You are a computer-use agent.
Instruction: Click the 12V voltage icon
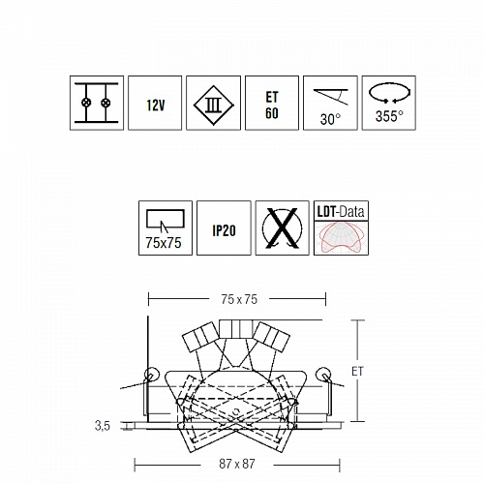tap(155, 103)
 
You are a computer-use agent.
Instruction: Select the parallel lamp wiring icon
tap(97, 103)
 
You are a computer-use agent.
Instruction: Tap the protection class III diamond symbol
tap(214, 105)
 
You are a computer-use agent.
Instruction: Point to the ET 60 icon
tap(272, 103)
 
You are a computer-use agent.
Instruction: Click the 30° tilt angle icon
tap(330, 103)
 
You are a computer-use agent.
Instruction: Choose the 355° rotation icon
tap(389, 103)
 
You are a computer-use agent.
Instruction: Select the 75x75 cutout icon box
tap(166, 227)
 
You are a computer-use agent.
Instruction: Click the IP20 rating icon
tap(224, 227)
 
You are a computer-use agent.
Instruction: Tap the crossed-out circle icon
tap(283, 227)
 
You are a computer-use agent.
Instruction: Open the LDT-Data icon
tap(341, 227)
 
